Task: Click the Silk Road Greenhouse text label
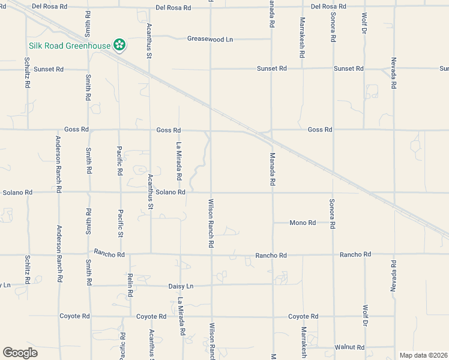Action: click(x=69, y=46)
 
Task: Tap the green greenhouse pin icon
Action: click(x=119, y=45)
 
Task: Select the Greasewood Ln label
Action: click(x=210, y=39)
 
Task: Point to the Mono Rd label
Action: click(x=303, y=223)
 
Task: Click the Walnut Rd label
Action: click(x=350, y=347)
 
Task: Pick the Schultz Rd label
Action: click(x=28, y=73)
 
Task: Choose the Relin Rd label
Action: click(x=130, y=285)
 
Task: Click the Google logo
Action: click(x=20, y=353)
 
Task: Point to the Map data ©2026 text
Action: click(x=423, y=355)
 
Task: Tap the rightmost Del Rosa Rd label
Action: click(x=329, y=7)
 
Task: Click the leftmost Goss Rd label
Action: click(x=76, y=130)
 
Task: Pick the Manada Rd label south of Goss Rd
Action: click(x=272, y=169)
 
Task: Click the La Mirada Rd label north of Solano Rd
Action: click(x=179, y=161)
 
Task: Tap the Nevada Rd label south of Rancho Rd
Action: click(x=394, y=277)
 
